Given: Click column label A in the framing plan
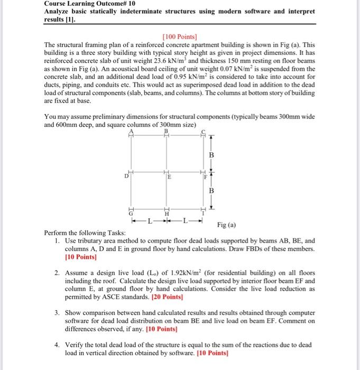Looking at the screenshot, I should point(131,131).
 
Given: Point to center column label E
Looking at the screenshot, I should point(169,178).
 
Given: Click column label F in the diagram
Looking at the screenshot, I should point(205,178).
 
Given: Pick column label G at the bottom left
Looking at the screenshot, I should point(131,212).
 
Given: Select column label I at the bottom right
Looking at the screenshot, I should point(202,212).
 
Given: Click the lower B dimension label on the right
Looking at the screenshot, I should point(212,190).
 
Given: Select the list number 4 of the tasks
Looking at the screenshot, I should point(57,344).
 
